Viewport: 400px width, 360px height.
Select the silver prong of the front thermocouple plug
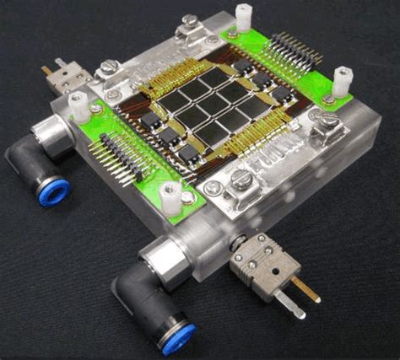tap(292, 306)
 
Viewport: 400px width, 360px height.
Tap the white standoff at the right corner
tap(343, 81)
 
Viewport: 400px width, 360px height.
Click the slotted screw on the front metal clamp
tap(240, 178)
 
